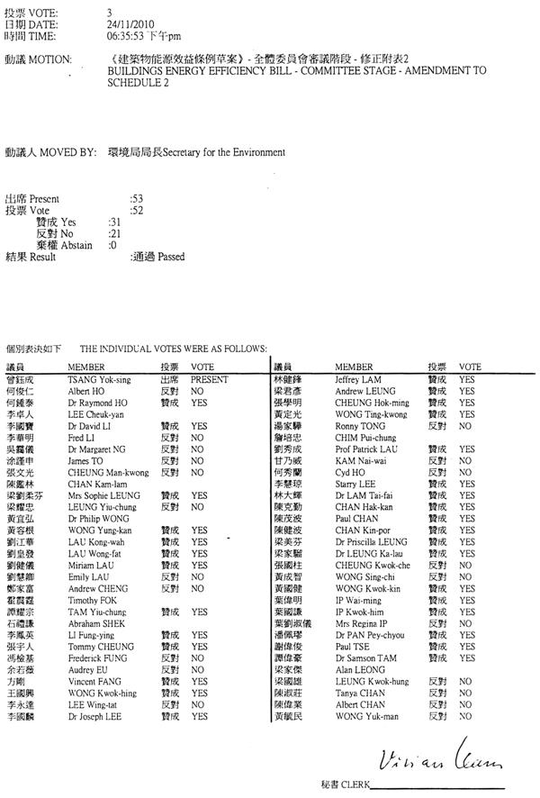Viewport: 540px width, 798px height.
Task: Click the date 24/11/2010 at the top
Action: tap(129, 25)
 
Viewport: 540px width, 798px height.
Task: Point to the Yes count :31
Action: tap(113, 221)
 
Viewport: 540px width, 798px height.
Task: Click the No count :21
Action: tap(113, 232)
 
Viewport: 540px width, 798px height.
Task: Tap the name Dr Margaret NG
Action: tap(99, 449)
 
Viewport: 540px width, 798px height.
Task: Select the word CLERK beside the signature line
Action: tap(349, 786)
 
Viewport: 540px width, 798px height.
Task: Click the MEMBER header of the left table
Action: tap(86, 367)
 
